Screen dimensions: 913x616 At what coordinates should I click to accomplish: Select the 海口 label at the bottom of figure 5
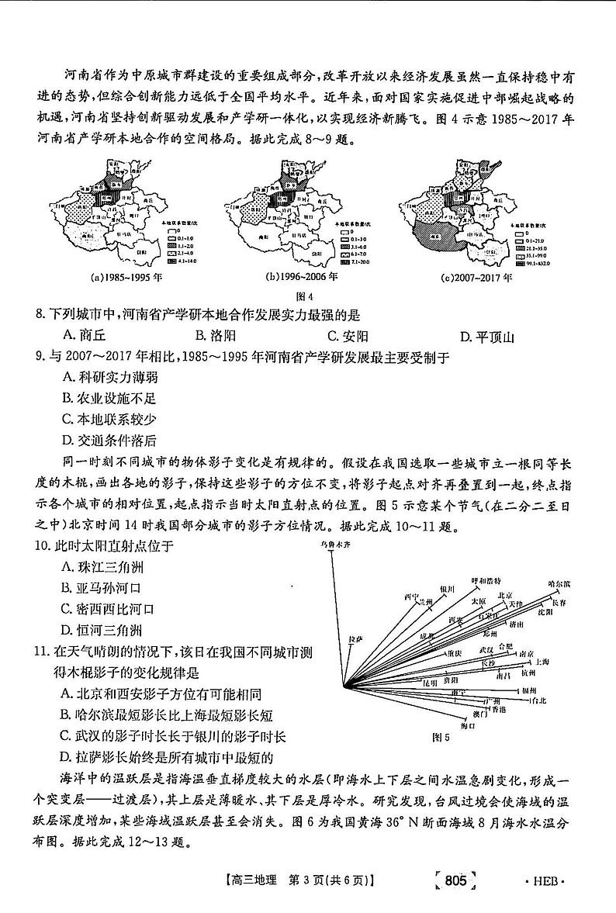pos(468,725)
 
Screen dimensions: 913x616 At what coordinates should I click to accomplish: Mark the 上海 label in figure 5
pos(541,662)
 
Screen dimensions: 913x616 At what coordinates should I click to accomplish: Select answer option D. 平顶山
pos(487,336)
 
